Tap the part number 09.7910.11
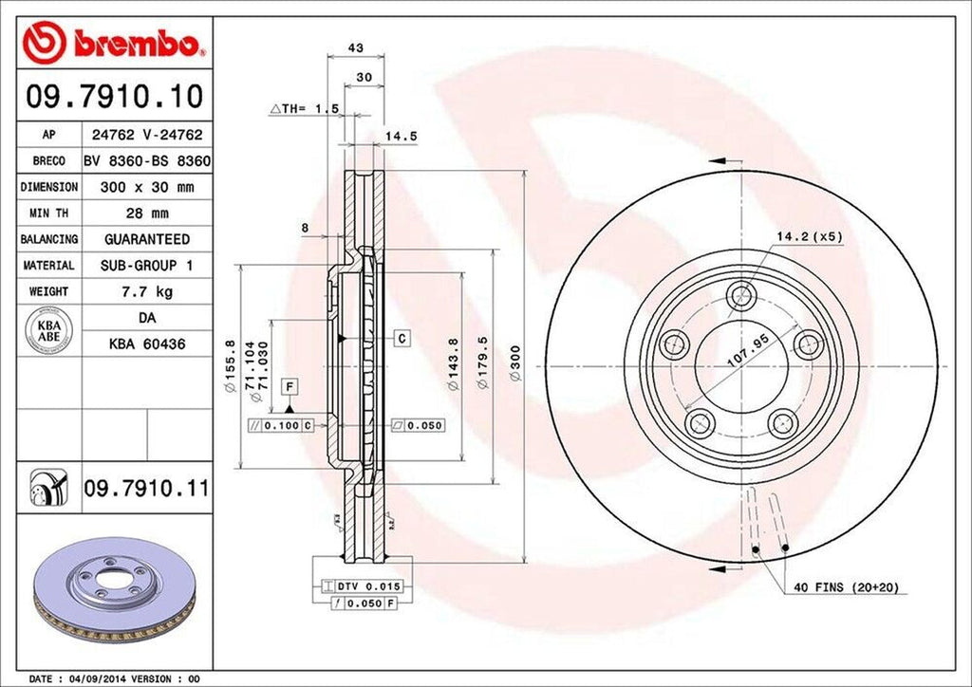(x=145, y=490)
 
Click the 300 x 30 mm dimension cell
(x=146, y=187)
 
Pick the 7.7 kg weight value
(x=146, y=291)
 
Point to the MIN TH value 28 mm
(x=146, y=214)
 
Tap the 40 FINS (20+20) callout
(x=846, y=588)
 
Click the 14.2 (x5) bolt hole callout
(x=810, y=236)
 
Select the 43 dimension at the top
(x=356, y=46)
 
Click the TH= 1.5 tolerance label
(x=306, y=110)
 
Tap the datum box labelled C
(x=402, y=338)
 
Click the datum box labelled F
(x=289, y=385)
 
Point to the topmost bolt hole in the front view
(x=739, y=297)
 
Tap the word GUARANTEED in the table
(x=146, y=239)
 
